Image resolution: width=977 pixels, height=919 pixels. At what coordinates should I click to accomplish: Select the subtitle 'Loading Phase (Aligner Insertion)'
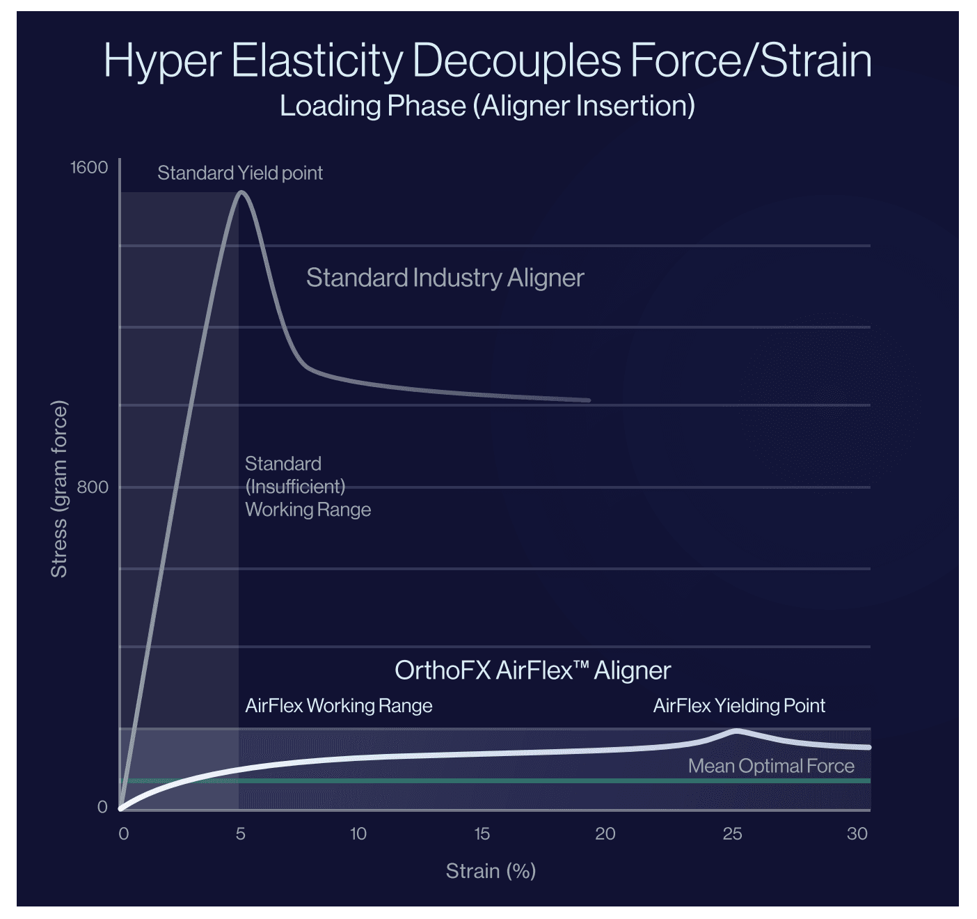(487, 106)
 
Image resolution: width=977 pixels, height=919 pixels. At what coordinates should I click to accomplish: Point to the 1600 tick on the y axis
(89, 167)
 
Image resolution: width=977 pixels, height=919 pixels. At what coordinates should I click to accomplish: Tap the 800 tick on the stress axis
(93, 487)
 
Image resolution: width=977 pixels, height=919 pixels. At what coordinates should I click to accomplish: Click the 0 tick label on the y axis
(102, 807)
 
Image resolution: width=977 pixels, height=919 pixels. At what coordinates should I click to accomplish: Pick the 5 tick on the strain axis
(241, 833)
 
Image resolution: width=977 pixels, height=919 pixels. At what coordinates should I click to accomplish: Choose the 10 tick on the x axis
(358, 833)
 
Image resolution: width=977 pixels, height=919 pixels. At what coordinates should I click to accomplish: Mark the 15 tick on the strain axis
(482, 833)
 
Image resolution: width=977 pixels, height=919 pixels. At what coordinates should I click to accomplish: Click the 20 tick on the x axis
(605, 833)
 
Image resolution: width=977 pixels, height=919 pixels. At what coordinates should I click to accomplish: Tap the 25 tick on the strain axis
(732, 833)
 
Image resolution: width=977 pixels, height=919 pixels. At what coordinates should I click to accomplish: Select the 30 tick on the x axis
(857, 833)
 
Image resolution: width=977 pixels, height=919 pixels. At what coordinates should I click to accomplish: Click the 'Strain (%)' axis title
(491, 871)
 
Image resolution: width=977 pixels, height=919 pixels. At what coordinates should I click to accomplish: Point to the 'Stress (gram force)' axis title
(59, 489)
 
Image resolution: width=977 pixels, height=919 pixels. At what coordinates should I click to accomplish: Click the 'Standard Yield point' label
(240, 173)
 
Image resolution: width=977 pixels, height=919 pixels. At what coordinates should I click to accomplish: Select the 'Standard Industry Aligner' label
(445, 278)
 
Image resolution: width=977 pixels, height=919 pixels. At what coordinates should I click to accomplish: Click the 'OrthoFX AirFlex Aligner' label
(532, 670)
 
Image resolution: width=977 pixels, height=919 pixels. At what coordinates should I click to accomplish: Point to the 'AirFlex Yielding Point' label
(739, 706)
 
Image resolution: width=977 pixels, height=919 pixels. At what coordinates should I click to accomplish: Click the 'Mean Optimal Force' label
(771, 767)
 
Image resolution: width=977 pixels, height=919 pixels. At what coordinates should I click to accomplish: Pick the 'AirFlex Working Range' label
(339, 706)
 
